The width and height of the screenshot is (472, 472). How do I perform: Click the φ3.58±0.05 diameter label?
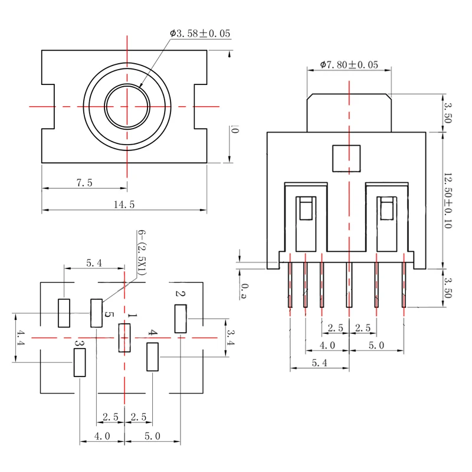point(200,34)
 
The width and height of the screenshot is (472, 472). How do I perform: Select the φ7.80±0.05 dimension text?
point(349,65)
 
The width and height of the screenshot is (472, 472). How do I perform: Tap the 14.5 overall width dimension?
point(124,205)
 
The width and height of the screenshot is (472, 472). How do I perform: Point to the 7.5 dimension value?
point(84,183)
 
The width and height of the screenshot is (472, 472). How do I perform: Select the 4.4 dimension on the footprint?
point(21,338)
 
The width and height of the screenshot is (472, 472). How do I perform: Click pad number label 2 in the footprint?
point(181,294)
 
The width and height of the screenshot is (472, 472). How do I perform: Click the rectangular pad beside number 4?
point(153,356)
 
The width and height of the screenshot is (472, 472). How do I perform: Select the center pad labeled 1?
point(124,338)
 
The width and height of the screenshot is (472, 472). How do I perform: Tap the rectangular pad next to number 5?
point(96,313)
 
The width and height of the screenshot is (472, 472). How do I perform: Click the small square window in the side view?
point(346,158)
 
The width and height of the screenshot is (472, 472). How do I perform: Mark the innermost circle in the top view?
point(127,107)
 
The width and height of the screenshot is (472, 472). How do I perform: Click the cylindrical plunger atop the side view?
point(349,113)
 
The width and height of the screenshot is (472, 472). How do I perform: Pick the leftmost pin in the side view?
point(290,284)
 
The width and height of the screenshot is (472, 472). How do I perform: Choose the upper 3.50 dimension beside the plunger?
point(447,113)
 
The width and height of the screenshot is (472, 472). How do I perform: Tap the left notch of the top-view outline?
point(48,107)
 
